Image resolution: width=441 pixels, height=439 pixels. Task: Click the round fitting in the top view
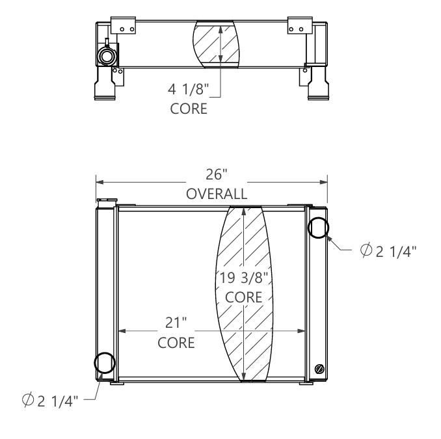pos(106,55)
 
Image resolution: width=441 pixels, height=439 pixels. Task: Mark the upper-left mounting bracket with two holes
pos(124,25)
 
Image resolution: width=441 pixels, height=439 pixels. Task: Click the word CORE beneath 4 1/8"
pos(189,108)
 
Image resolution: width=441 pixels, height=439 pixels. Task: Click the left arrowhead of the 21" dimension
pos(120,330)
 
